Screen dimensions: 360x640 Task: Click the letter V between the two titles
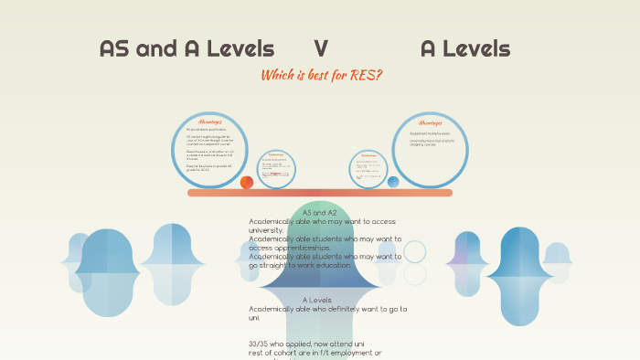[321, 49]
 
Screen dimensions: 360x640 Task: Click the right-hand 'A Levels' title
[465, 49]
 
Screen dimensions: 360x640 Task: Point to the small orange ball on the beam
[247, 182]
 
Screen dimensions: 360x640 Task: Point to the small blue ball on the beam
[393, 182]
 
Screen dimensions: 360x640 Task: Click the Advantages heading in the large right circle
[430, 122]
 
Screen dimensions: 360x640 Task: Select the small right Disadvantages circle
[368, 169]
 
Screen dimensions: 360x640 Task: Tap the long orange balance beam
[320, 193]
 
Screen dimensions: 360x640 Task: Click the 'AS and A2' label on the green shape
[320, 213]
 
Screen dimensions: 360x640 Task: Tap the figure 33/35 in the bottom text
[260, 344]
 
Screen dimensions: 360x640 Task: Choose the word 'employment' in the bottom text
[353, 353]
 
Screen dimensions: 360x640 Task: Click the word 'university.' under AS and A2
[266, 230]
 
